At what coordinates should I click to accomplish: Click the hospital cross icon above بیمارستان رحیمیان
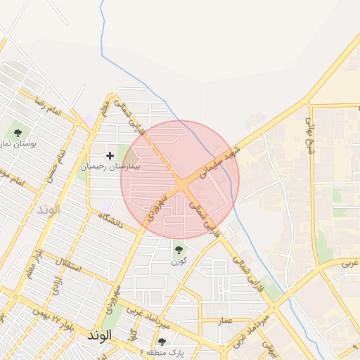point(110,155)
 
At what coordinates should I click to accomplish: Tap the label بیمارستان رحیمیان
point(110,167)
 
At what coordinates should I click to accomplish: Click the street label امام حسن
point(54,165)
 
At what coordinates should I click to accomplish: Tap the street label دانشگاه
point(110,220)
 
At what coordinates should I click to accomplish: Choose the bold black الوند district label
point(99,335)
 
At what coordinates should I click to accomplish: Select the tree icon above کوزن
point(179,248)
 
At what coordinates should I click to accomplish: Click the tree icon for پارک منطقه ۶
point(162,341)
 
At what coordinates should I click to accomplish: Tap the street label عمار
point(224,321)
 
